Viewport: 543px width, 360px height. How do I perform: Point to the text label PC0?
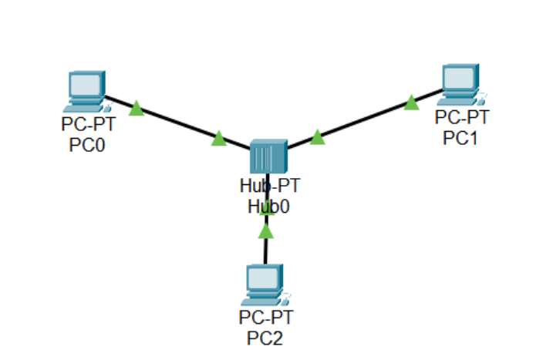point(87,145)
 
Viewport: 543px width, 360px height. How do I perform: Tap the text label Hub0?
point(268,206)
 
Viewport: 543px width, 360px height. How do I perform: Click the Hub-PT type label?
point(268,187)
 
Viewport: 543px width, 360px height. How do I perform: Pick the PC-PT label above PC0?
point(87,126)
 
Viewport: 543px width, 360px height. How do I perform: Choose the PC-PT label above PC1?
point(461,117)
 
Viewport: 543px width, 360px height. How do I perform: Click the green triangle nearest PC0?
point(137,108)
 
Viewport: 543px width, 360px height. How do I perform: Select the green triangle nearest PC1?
point(411,102)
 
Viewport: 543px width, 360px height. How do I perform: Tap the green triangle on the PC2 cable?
point(266,230)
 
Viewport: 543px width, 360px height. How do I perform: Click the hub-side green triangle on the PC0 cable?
point(219,139)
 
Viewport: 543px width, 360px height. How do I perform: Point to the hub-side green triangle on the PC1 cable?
point(317,137)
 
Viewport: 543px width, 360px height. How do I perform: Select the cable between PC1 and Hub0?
point(363,119)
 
